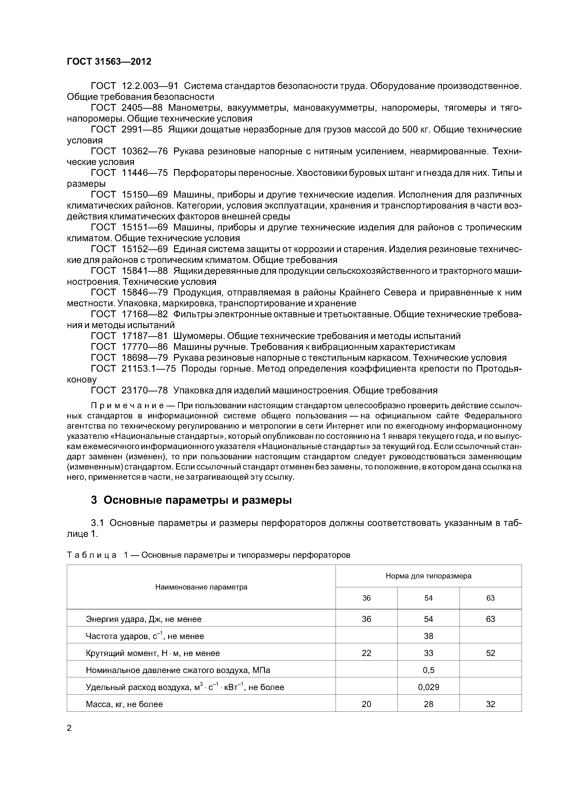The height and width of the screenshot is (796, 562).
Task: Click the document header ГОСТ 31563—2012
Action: tap(109, 62)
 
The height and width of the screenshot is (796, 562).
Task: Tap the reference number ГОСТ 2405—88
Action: tap(127, 108)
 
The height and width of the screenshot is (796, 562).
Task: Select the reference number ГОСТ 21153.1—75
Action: tap(133, 368)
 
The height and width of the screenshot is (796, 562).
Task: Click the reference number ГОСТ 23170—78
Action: tap(129, 390)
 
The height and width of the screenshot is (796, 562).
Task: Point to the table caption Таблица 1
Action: tap(97, 555)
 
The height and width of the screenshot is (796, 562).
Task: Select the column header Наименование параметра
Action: tap(201, 587)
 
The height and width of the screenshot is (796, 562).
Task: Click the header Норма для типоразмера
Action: tap(428, 576)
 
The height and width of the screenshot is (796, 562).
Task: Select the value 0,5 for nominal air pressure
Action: tap(428, 670)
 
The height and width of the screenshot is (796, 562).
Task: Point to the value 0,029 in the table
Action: tap(428, 687)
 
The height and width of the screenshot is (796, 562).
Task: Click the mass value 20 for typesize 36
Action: tap(366, 704)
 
